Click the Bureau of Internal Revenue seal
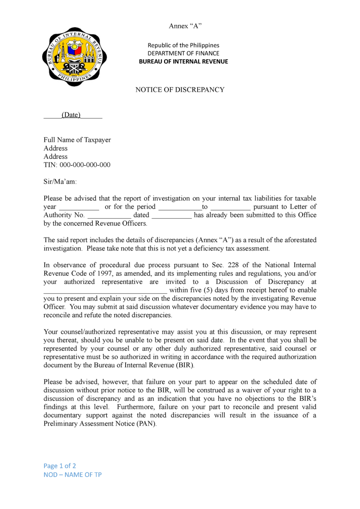pos(74,57)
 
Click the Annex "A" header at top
pos(185,26)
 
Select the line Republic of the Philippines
pos(183,45)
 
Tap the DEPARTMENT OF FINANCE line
pos(183,53)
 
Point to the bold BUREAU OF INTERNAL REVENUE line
pos(183,62)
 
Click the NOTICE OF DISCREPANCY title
pos(180,90)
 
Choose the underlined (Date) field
pos(71,115)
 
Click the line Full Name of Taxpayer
pos(77,140)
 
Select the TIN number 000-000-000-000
pos(85,165)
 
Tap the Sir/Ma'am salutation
pos(60,182)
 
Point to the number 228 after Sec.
pos(233,265)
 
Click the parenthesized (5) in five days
pos(208,290)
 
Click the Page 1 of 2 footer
pos(60,466)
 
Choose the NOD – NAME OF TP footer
pos(72,475)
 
